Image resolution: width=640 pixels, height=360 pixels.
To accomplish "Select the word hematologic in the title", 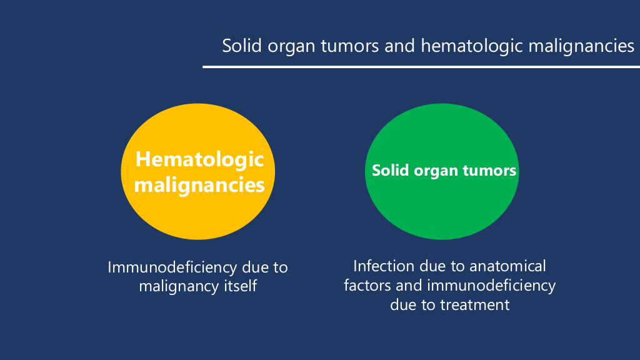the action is click(471, 46).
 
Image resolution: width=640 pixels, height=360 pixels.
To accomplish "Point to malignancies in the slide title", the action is click(581, 46).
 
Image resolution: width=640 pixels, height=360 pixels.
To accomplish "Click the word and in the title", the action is click(399, 45).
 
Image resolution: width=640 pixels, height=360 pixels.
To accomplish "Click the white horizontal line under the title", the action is click(421, 66).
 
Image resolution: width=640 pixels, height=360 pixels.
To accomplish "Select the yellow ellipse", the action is click(198, 171).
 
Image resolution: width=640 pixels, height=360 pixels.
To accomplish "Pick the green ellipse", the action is click(442, 171).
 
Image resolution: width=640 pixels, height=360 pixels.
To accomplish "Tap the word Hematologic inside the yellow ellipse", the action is click(199, 159).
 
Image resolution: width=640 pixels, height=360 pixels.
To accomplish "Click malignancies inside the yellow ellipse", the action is click(199, 185).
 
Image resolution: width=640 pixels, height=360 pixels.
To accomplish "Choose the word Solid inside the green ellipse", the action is click(390, 170).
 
